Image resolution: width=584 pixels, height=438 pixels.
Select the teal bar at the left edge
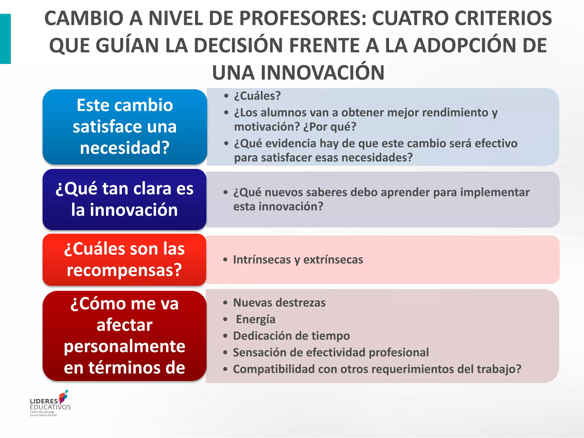pyautogui.click(x=5, y=39)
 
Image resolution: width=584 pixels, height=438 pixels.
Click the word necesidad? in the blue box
pyautogui.click(x=125, y=148)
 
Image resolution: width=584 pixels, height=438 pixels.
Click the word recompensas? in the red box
pyautogui.click(x=124, y=270)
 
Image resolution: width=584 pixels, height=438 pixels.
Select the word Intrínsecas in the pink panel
pyautogui.click(x=262, y=260)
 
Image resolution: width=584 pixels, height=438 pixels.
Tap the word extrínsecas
pyautogui.click(x=333, y=260)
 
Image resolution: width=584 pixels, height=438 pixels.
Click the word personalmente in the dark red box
pyautogui.click(x=125, y=346)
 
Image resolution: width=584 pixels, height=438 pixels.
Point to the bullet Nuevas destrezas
pyautogui.click(x=279, y=303)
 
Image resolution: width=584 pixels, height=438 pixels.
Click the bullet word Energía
pyautogui.click(x=255, y=319)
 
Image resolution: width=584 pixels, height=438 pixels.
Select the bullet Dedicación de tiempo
pyautogui.click(x=291, y=336)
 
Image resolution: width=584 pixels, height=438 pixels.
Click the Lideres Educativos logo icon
pyautogui.click(x=63, y=397)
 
